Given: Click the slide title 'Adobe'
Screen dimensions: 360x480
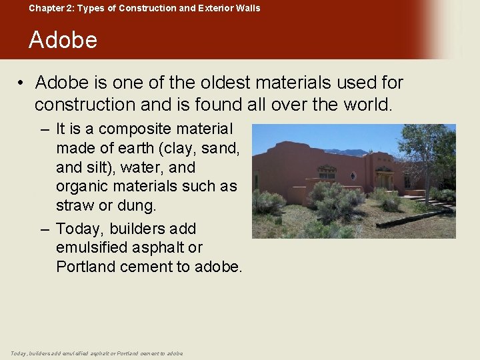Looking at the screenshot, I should click(63, 40).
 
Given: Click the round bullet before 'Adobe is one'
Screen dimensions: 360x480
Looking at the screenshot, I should click(22, 83).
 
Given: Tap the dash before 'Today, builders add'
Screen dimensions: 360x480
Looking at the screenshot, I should click(45, 229).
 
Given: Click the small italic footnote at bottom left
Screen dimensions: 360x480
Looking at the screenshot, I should click(97, 353).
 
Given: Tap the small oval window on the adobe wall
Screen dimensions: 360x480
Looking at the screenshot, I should click(353, 176).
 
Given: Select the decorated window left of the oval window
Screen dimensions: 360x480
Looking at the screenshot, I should click(327, 173).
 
